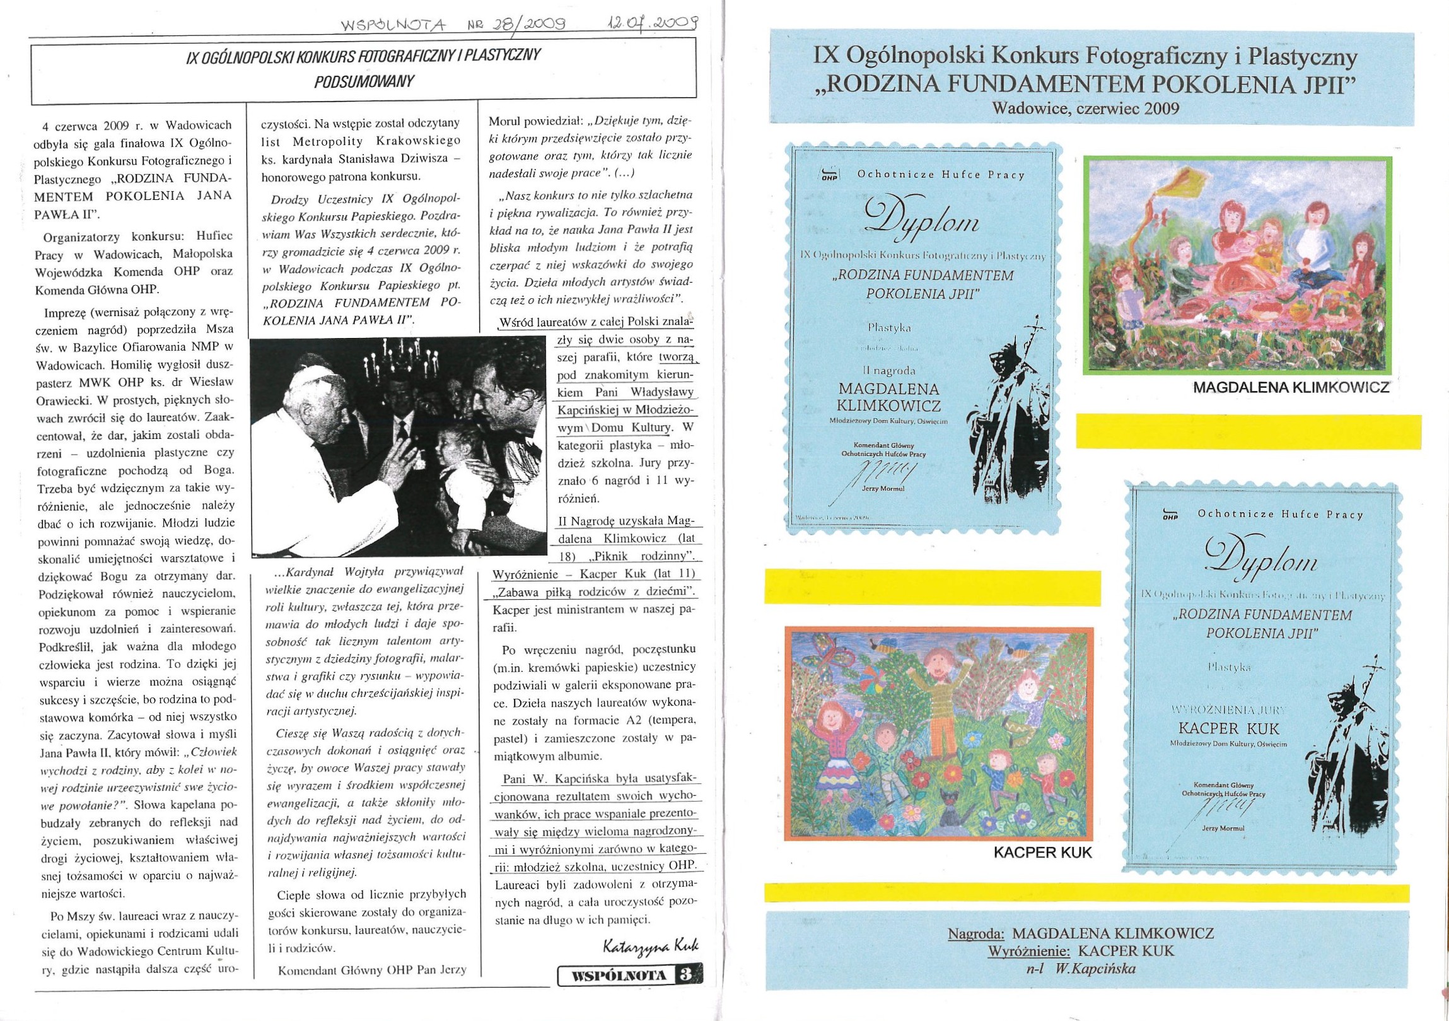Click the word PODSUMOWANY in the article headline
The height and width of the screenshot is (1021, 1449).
pyautogui.click(x=364, y=82)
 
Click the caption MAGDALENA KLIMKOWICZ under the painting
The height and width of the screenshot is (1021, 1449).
pyautogui.click(x=1291, y=387)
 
